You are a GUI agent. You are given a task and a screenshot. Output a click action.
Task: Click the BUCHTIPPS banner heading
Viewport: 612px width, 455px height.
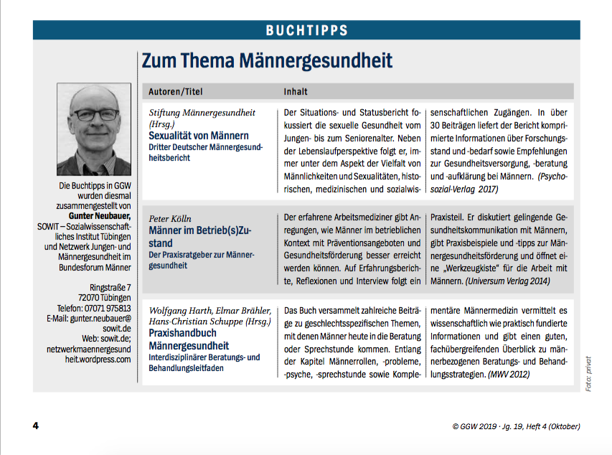coord(306,30)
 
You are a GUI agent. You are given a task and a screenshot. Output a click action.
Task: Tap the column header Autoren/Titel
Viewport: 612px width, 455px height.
coord(176,92)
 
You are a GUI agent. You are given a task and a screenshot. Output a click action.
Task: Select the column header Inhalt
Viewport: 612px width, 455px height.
coord(296,92)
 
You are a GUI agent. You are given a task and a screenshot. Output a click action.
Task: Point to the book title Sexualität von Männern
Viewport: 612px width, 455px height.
coord(199,135)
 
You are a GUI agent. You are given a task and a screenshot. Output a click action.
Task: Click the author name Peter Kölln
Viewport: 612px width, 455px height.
coord(170,217)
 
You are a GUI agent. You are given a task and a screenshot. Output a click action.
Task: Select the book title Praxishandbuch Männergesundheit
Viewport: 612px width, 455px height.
coord(189,340)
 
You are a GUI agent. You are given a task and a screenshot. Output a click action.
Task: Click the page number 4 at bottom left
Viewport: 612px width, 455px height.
coord(35,426)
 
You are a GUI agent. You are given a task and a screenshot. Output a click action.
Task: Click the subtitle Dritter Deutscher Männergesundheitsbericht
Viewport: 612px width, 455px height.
coord(206,151)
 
